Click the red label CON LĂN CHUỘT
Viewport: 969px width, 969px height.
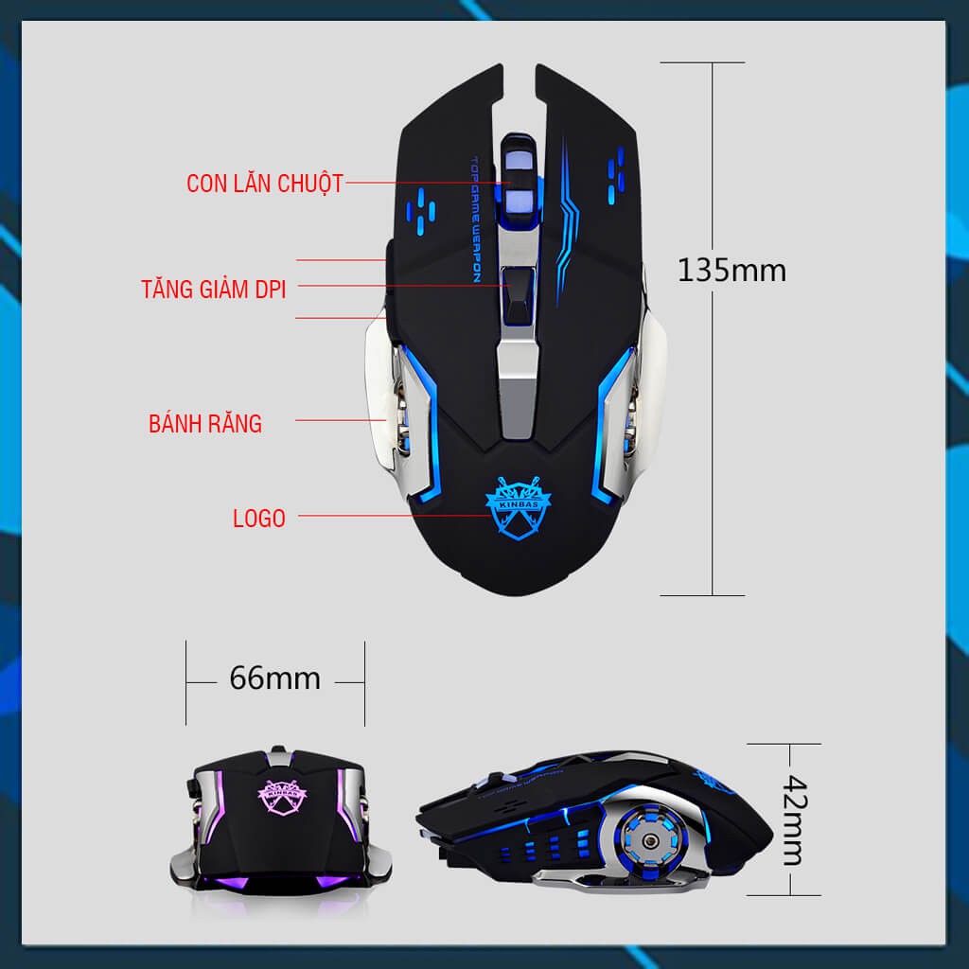(265, 184)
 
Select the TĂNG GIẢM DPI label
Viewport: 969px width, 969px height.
(214, 289)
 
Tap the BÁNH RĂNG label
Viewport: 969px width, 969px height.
(205, 423)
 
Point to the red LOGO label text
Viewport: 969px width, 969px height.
(259, 518)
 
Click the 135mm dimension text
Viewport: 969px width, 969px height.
(731, 270)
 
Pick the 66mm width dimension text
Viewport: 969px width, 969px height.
(275, 678)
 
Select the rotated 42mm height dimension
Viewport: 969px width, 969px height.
(795, 819)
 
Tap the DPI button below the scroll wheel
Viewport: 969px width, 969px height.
(518, 295)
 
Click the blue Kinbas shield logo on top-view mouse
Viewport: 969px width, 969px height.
(518, 508)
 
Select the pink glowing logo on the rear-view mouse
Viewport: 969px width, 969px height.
(281, 796)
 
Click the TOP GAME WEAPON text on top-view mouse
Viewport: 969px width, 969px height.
(476, 220)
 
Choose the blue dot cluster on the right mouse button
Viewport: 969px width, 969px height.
(615, 175)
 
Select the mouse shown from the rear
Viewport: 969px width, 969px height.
(280, 821)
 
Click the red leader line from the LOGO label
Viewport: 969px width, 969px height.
(395, 516)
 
